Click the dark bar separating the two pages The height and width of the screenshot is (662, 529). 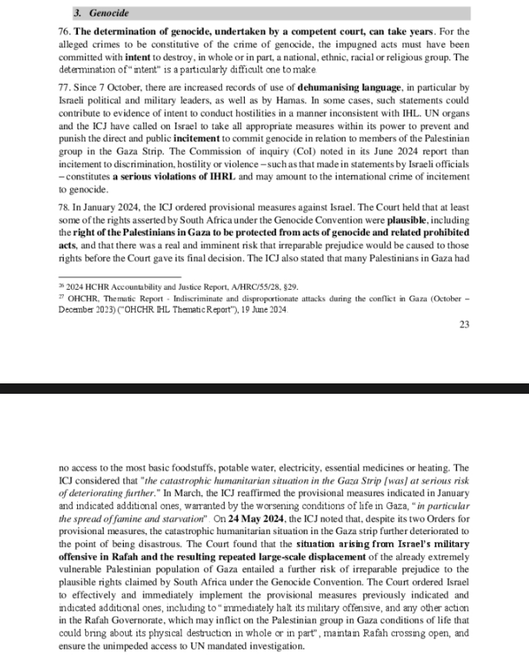264,388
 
